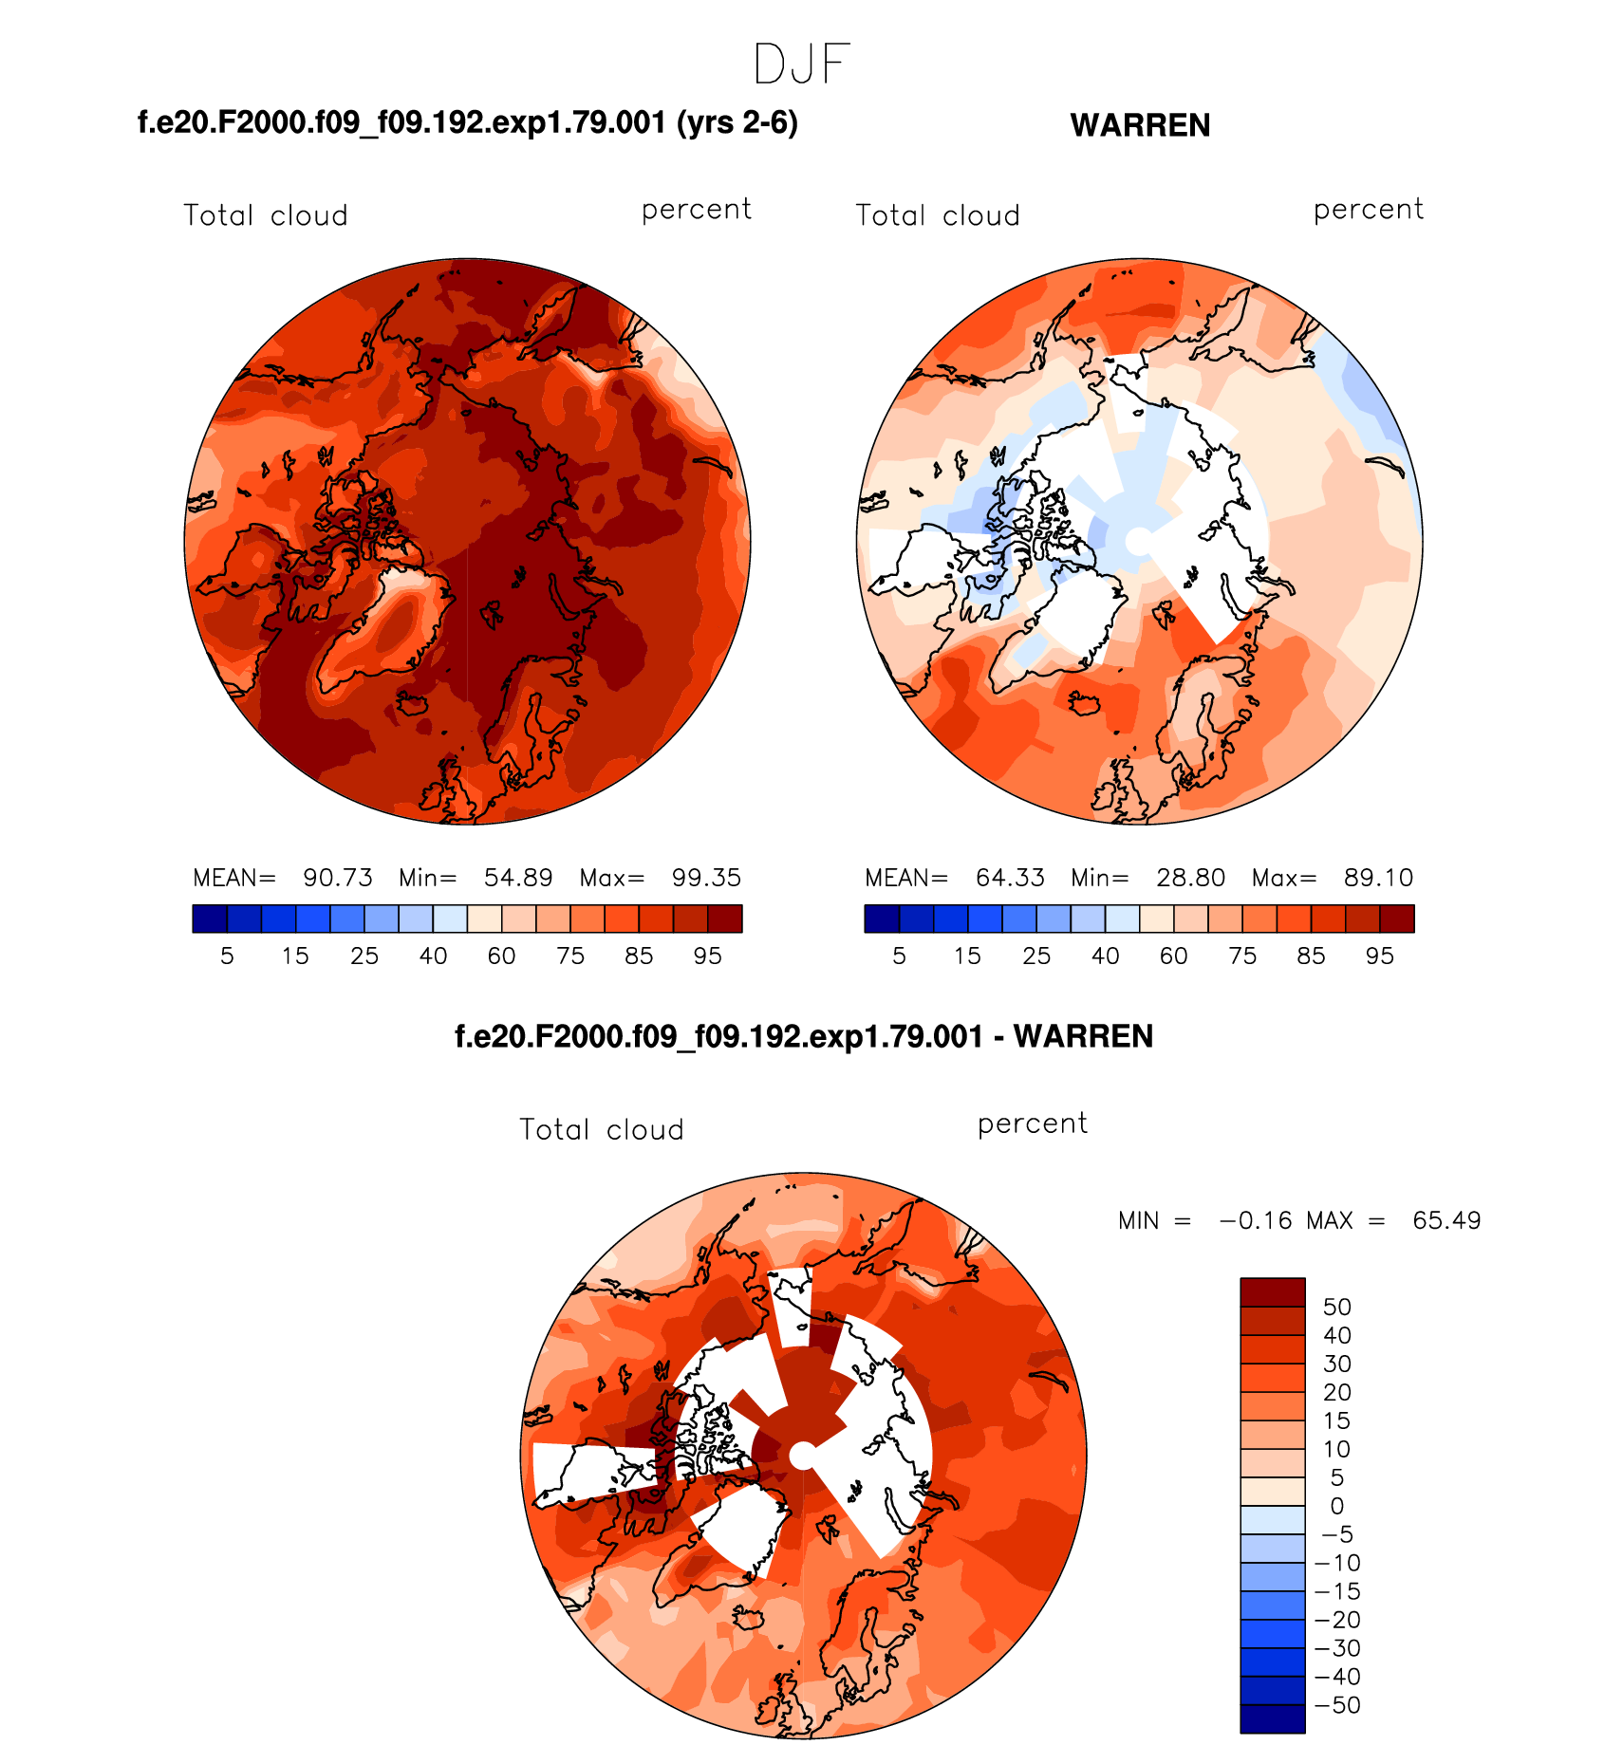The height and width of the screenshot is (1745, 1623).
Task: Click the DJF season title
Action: (802, 65)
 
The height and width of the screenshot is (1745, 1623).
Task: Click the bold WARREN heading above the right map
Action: (1140, 125)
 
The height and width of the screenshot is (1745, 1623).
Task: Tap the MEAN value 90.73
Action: (338, 878)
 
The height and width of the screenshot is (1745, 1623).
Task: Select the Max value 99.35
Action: (706, 878)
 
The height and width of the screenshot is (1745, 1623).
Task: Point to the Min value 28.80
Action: (1190, 878)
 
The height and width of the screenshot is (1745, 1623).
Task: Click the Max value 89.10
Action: (1378, 878)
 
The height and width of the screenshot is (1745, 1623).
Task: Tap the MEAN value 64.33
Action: (1010, 878)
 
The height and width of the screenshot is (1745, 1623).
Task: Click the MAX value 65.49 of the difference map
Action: (1446, 1220)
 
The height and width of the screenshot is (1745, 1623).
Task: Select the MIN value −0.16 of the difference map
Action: (1256, 1220)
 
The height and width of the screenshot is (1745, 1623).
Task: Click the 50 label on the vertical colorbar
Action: (1336, 1307)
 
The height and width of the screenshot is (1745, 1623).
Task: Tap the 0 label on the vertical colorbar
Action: (1336, 1506)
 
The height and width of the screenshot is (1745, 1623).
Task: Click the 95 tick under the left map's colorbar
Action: (707, 956)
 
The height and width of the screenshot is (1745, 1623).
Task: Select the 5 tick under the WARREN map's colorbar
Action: (899, 956)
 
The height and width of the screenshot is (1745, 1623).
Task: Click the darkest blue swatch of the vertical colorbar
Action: (1272, 1718)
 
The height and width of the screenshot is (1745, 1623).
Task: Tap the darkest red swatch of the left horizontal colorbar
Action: (725, 919)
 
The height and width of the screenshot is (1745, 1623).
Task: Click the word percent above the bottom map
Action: (1033, 1123)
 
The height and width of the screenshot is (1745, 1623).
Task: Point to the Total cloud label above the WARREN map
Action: (938, 215)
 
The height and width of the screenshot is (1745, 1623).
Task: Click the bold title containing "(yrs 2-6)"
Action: (468, 122)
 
